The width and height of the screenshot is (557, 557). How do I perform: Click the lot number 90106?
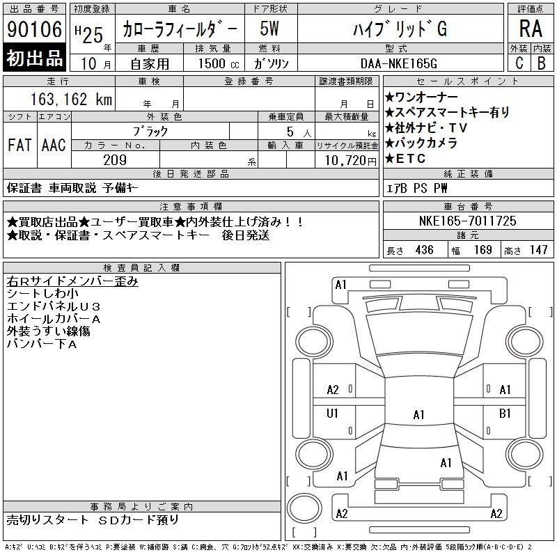pyautogui.click(x=34, y=29)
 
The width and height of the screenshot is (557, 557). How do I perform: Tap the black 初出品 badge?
pyautogui.click(x=34, y=58)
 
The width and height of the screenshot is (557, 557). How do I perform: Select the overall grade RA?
pyautogui.click(x=531, y=29)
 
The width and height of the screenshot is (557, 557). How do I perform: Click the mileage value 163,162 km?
pyautogui.click(x=71, y=99)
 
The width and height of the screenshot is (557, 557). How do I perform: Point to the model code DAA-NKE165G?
pyautogui.click(x=398, y=63)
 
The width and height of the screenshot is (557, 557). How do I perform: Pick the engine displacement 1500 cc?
pyautogui.click(x=219, y=63)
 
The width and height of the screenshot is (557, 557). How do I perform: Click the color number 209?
pyautogui.click(x=115, y=160)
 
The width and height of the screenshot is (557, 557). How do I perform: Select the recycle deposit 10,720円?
pyautogui.click(x=350, y=161)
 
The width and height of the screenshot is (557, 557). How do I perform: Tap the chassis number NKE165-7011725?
pyautogui.click(x=467, y=221)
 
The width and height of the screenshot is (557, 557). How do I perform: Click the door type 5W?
pyautogui.click(x=269, y=29)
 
